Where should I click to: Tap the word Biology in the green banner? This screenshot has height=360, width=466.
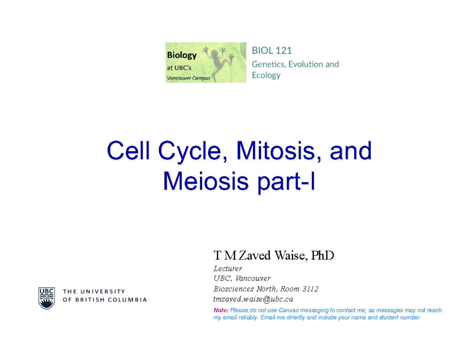pos(182,55)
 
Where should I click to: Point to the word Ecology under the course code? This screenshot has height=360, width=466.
pos(266,75)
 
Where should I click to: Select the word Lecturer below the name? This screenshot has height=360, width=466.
pos(228,268)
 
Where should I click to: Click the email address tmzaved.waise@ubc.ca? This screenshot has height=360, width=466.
pos(253,299)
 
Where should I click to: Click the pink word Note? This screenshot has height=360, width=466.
pos(221,310)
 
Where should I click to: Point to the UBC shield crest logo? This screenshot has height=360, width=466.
pos(46,298)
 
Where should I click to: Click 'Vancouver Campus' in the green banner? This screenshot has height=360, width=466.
pos(188,78)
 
